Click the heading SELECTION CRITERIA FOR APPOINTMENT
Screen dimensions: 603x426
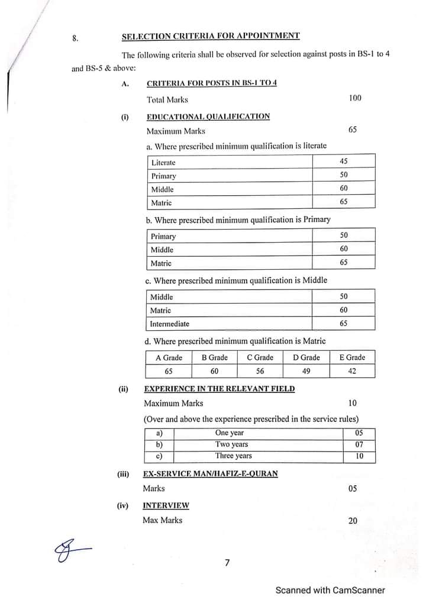pos(211,37)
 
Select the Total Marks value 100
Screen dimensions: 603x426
pos(354,98)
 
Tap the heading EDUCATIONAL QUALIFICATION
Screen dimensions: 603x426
pos(208,117)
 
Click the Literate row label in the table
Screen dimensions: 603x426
pos(163,163)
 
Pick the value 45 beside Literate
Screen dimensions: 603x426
pos(344,162)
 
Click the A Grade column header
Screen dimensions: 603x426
pos(169,358)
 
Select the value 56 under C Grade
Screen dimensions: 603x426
pos(260,372)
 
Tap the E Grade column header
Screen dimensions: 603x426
pos(352,358)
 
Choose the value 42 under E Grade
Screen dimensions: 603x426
pos(352,372)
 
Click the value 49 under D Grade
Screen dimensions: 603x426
pos(306,372)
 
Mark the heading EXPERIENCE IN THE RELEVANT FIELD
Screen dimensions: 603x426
pos(219,389)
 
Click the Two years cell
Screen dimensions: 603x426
pos(231,444)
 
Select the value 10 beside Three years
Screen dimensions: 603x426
pos(359,456)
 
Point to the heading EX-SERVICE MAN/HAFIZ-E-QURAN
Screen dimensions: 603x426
pos(210,474)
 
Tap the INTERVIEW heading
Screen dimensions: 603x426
pos(166,506)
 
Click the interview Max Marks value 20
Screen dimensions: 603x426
pos(353,521)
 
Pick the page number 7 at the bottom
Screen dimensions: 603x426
pos(227,563)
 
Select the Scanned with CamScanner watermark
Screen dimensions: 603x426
pos(330,590)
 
